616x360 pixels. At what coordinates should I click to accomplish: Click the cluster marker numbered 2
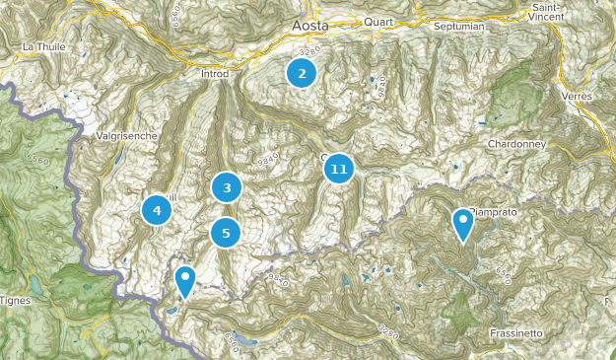click(302, 72)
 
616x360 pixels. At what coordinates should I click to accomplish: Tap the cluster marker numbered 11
click(339, 170)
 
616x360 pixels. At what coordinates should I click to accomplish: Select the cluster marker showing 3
click(227, 186)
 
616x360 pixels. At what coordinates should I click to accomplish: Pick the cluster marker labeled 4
click(156, 209)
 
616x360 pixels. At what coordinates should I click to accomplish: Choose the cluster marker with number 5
click(227, 233)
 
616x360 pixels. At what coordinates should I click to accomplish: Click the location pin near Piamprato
click(463, 225)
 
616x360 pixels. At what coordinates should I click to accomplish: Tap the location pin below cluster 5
click(184, 282)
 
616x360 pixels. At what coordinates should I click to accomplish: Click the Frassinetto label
click(515, 333)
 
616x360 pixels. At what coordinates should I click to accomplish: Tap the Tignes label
click(14, 300)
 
